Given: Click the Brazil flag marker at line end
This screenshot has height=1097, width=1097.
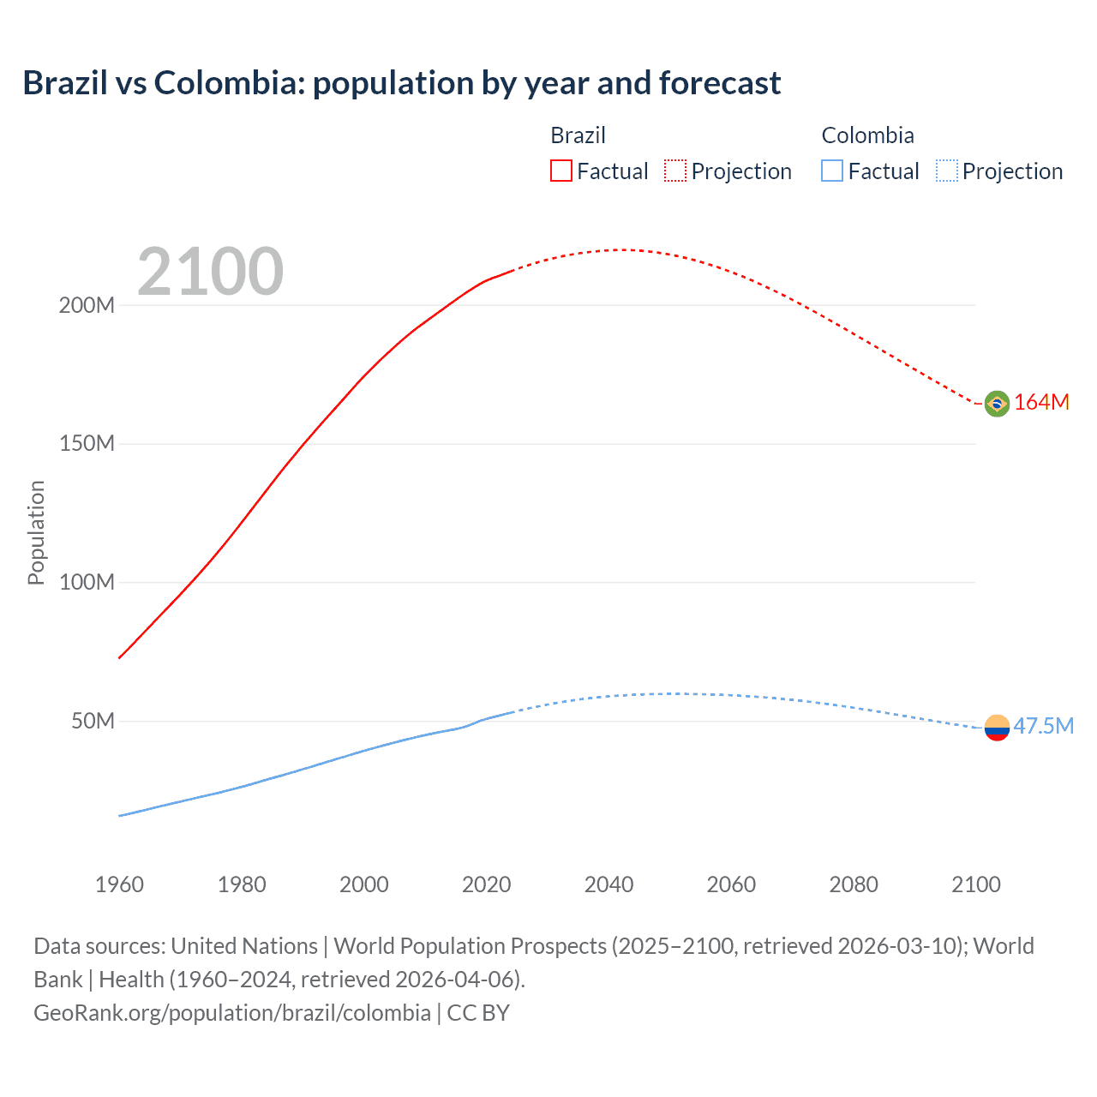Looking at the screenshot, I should click(x=997, y=403).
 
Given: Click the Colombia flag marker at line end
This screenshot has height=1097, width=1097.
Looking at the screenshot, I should click(x=997, y=728).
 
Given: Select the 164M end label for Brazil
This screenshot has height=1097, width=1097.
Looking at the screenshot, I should click(x=1041, y=403).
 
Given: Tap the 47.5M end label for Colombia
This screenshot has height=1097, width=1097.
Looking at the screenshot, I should click(x=1043, y=727).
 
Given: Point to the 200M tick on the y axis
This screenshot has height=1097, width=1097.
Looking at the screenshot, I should click(x=87, y=306).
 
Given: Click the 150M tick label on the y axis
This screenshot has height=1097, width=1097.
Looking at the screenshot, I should click(x=87, y=444).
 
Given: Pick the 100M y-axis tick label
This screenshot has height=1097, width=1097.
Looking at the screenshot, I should click(x=87, y=583).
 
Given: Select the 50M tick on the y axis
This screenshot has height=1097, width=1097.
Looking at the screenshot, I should click(x=93, y=722).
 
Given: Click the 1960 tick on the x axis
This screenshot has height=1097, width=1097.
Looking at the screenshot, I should click(x=119, y=884).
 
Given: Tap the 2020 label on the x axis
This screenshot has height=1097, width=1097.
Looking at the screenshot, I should click(x=486, y=884).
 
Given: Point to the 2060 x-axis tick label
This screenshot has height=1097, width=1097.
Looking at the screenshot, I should click(x=731, y=884).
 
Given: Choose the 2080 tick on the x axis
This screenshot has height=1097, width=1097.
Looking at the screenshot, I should click(x=854, y=884).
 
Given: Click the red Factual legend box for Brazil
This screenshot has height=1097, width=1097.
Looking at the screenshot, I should click(x=561, y=171).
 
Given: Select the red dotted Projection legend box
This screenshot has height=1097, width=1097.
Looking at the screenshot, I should click(x=675, y=171).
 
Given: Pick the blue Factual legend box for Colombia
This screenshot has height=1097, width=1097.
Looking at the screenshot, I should click(x=832, y=171).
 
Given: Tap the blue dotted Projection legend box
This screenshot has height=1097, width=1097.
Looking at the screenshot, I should click(x=947, y=171).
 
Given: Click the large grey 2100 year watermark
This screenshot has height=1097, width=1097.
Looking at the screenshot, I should click(x=210, y=272).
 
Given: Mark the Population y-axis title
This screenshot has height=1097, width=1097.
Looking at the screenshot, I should click(x=36, y=532).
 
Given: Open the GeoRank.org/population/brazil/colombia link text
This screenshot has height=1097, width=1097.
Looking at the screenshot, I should click(x=232, y=1013).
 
